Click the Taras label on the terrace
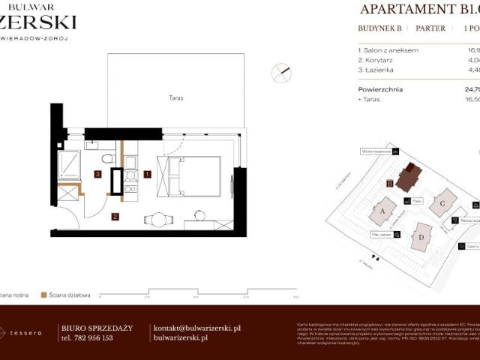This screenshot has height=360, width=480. [x=176, y=98]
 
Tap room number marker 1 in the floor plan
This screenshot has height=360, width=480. [x=147, y=174]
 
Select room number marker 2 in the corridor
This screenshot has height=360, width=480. [x=114, y=217]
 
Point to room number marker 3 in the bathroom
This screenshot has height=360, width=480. [x=98, y=174]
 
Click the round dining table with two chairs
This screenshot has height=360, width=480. [x=158, y=219]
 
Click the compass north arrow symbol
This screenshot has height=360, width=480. [x=283, y=71]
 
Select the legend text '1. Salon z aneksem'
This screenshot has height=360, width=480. [x=388, y=50]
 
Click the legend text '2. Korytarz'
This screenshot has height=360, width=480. [x=376, y=60]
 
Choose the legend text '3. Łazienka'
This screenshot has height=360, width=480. [x=376, y=70]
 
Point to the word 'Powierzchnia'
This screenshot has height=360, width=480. [x=380, y=88]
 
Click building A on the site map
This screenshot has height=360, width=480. [x=382, y=211]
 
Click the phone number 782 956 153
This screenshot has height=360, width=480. [x=95, y=338]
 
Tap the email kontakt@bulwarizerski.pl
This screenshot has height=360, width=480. [x=196, y=328]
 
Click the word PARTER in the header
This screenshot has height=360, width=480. [x=430, y=28]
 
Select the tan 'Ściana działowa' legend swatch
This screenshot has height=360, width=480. [x=44, y=295]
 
